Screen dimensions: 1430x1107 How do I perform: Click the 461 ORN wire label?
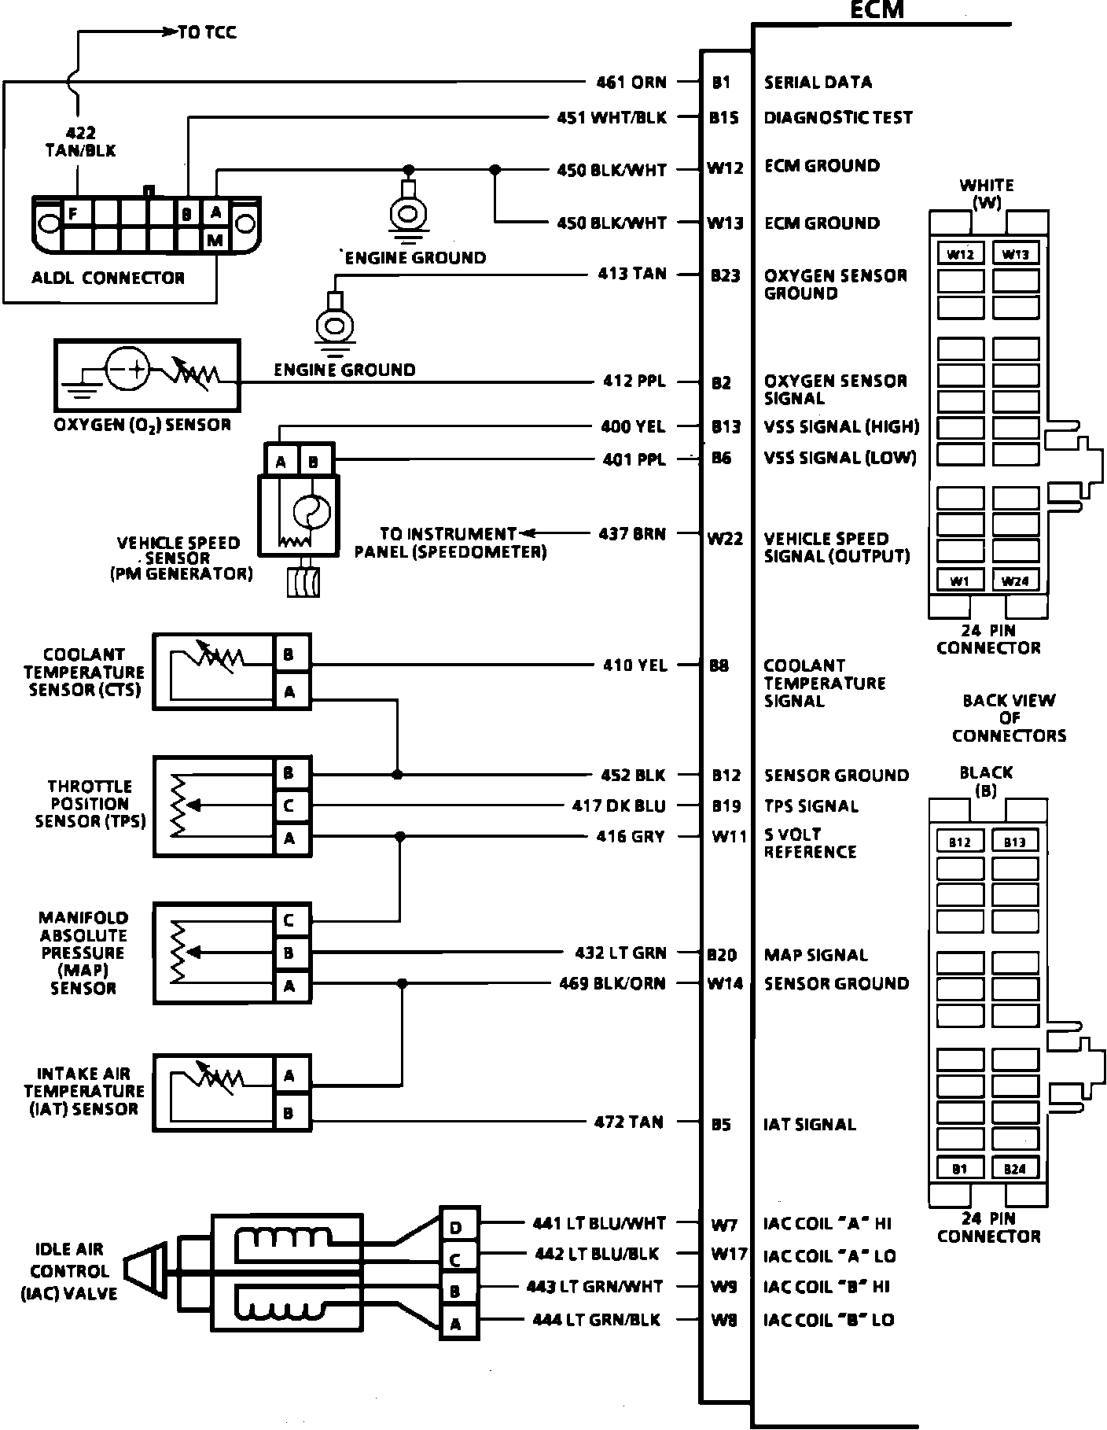pyautogui.click(x=631, y=82)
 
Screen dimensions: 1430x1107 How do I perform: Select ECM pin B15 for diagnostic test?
pyautogui.click(x=723, y=118)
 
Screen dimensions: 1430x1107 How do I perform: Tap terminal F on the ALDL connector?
pyautogui.click(x=73, y=213)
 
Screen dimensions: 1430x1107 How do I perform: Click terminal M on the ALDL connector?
pyautogui.click(x=215, y=240)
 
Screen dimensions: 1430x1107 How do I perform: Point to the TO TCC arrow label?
pyautogui.click(x=207, y=32)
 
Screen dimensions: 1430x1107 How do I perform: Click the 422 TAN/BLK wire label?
pyautogui.click(x=80, y=142)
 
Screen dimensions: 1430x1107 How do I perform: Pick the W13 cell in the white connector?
pyautogui.click(x=1015, y=254)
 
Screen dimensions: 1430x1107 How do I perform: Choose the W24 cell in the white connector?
pyautogui.click(x=1015, y=581)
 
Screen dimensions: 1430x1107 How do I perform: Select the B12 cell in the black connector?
pyautogui.click(x=960, y=842)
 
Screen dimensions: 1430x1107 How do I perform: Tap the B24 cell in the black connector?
pyautogui.click(x=1015, y=1169)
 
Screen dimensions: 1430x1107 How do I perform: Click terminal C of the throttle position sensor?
pyautogui.click(x=289, y=805)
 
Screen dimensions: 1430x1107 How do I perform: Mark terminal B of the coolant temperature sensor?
pyautogui.click(x=289, y=654)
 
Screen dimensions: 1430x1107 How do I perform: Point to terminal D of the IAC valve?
pyautogui.click(x=456, y=1228)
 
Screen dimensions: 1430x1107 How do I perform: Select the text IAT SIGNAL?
pyautogui.click(x=809, y=1124)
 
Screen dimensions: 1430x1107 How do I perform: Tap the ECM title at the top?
pyautogui.click(x=877, y=10)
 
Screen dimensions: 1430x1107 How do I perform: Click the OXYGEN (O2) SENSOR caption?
pyautogui.click(x=142, y=425)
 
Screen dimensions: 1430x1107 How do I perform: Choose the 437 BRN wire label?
pyautogui.click(x=632, y=534)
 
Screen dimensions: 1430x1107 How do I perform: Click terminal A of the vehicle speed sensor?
pyautogui.click(x=281, y=462)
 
